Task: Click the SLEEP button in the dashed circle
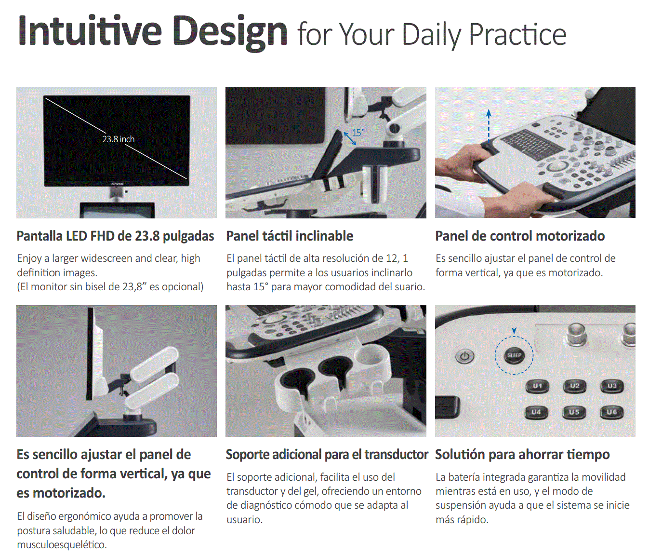point(514,355)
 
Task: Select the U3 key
point(612,386)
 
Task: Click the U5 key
point(574,412)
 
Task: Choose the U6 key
point(611,412)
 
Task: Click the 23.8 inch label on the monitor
point(119,139)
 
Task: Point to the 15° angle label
point(358,133)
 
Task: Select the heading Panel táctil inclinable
point(290,236)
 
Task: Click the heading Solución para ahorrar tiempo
point(522,454)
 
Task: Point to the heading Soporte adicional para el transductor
point(327,454)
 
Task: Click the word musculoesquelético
point(62,544)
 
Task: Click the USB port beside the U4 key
point(448,408)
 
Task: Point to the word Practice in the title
point(517,35)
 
